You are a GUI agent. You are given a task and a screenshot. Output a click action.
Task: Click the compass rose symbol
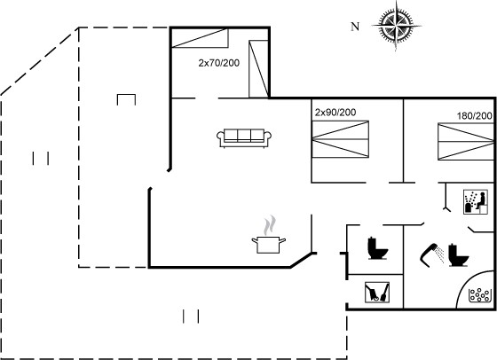coord(396,26)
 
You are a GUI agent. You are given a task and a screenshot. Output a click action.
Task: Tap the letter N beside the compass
coord(355,27)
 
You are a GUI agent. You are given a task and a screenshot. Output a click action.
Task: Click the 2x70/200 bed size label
coord(218,63)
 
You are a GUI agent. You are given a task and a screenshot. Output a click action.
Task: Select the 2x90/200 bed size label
coord(335,112)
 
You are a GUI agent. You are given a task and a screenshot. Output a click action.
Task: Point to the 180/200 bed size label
coord(475,116)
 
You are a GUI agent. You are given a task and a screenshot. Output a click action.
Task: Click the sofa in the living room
coord(244,137)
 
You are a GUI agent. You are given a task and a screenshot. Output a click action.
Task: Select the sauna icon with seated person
coord(476,202)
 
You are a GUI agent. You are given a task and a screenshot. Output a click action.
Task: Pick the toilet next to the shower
coord(458,255)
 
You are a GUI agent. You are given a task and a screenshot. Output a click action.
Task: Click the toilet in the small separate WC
coord(377,248)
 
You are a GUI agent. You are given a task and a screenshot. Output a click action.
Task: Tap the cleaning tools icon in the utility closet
coord(377,293)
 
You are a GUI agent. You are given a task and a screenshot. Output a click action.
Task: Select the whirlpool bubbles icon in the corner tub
coord(479,295)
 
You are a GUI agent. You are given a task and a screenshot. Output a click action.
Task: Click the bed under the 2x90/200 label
coord(341,139)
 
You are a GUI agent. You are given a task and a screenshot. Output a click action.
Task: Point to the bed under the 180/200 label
coord(466,142)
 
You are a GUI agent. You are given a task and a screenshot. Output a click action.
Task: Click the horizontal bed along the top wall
coord(200,38)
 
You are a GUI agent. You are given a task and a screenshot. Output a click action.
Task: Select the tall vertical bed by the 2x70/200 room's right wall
coord(258,68)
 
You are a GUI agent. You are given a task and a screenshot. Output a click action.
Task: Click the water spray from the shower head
coord(439,254)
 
